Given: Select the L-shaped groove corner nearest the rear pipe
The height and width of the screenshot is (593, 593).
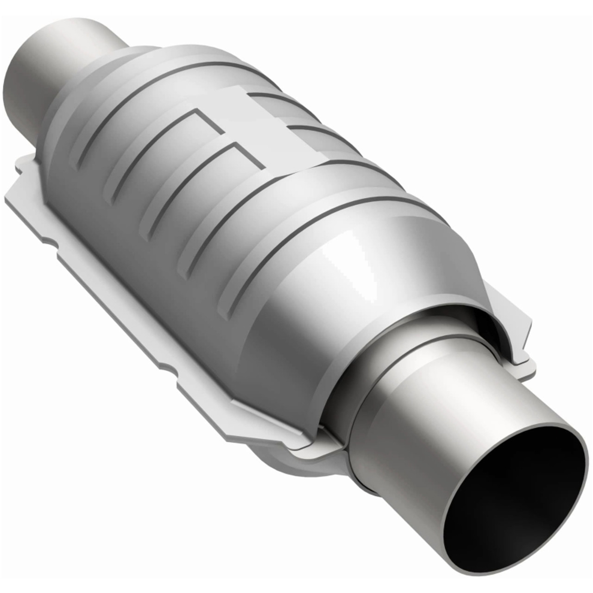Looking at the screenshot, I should tap(197, 111).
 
